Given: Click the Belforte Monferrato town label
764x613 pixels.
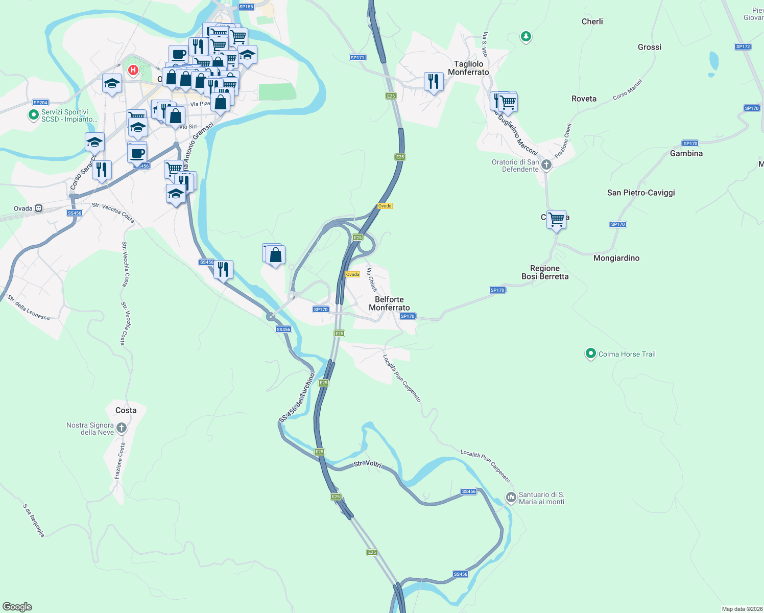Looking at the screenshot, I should pyautogui.click(x=389, y=303).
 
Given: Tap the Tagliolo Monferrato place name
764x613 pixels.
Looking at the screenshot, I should pyautogui.click(x=468, y=68).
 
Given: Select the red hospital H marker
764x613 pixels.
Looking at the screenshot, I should pyautogui.click(x=133, y=69).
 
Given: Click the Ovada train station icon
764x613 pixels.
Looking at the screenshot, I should pyautogui.click(x=39, y=208).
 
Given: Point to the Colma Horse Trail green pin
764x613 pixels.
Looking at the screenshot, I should pyautogui.click(x=591, y=353).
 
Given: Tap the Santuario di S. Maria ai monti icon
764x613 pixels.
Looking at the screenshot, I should pyautogui.click(x=511, y=497).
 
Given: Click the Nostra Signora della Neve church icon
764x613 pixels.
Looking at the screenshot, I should pyautogui.click(x=122, y=428).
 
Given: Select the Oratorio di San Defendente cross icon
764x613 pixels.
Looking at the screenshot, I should pyautogui.click(x=546, y=164).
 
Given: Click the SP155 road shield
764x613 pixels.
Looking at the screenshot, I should pyautogui.click(x=246, y=7).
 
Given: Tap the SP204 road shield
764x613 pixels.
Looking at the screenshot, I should pyautogui.click(x=40, y=103).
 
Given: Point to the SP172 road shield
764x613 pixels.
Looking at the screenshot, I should pyautogui.click(x=743, y=46).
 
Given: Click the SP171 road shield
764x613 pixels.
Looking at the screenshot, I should pyautogui.click(x=357, y=58).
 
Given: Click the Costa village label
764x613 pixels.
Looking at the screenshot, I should pyautogui.click(x=126, y=410).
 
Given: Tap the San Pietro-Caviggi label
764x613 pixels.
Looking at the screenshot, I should pyautogui.click(x=641, y=193).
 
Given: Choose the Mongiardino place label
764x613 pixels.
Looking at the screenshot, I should pyautogui.click(x=616, y=258).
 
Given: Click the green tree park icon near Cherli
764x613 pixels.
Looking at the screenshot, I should pyautogui.click(x=526, y=37).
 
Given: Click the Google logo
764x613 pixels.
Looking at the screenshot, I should pyautogui.click(x=17, y=607).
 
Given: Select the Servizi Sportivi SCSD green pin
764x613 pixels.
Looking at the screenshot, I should pyautogui.click(x=33, y=115).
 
